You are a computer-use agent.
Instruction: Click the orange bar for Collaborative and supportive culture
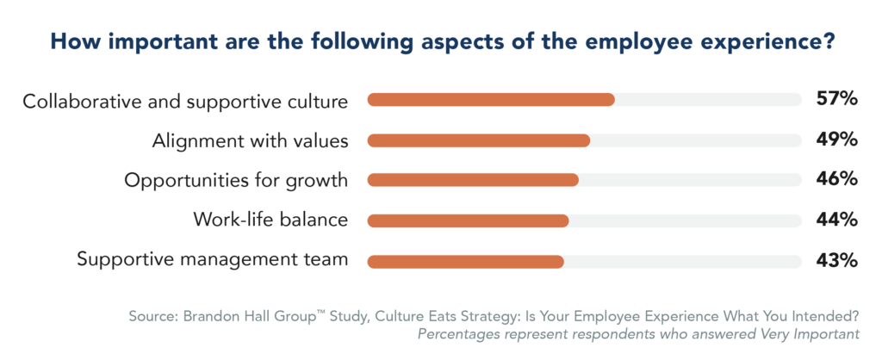490,100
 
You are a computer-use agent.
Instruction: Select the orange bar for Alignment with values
478,140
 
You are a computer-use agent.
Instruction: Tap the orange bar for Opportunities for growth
472,180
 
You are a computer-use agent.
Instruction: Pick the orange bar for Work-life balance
468,220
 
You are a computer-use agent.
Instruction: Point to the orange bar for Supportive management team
465,261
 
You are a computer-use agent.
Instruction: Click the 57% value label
836,99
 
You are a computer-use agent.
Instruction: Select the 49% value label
836,140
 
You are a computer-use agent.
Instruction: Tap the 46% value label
836,179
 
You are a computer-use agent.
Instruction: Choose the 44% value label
836,220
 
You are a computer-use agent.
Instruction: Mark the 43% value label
836,260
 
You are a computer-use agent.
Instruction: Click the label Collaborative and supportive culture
185,102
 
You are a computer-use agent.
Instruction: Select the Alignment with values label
250,141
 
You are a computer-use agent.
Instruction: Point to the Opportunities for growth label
236,181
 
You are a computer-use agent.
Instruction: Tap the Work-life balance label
270,220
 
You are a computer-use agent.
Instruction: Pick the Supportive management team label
213,260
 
